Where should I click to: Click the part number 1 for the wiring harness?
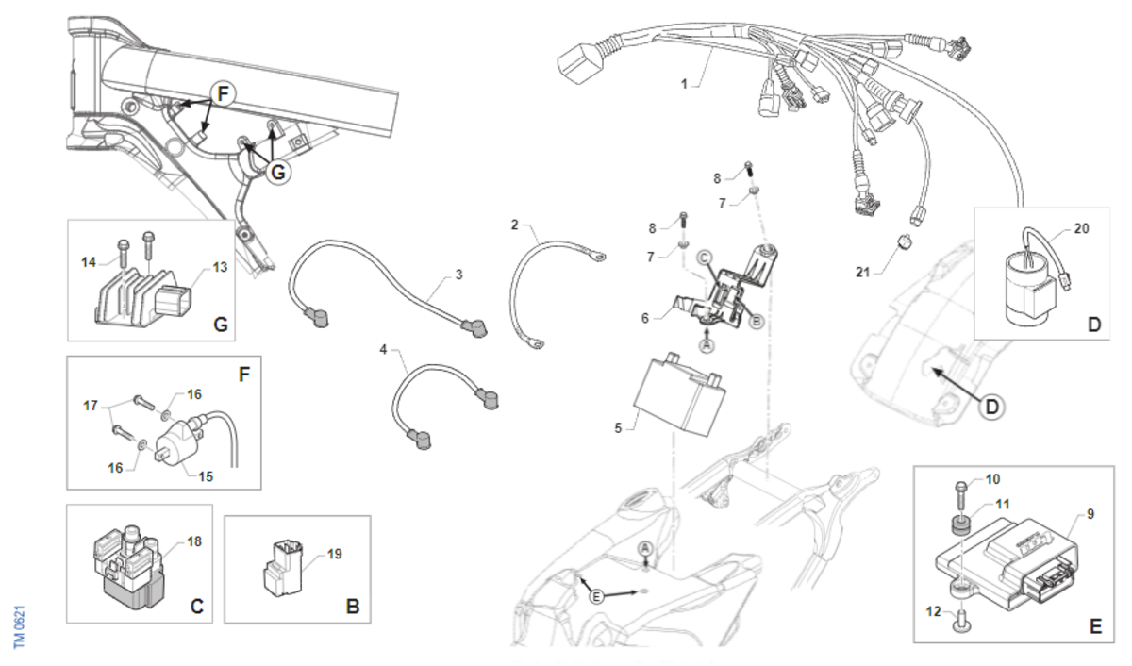pos(684,83)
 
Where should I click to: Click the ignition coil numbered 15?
pos(178,438)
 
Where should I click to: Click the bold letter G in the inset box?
pos(221,325)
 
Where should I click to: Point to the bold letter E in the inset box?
pos(1094,625)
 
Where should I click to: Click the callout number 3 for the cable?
pos(458,275)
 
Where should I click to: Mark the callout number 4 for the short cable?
pos(384,350)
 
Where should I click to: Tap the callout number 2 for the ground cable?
pos(515,225)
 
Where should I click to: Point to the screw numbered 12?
pos(961,618)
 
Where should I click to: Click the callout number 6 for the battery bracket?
pos(645,318)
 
